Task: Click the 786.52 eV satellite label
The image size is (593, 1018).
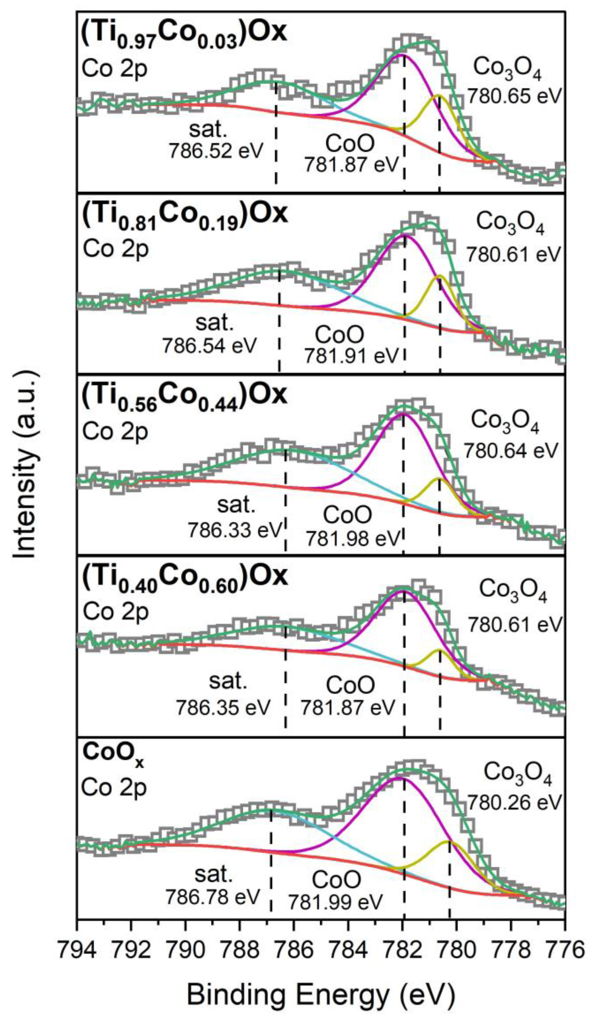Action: click(x=215, y=151)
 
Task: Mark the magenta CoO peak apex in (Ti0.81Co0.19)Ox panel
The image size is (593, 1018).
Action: click(x=404, y=236)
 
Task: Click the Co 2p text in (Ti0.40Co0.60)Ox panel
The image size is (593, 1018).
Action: click(x=115, y=612)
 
